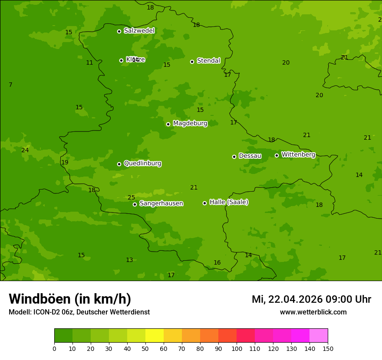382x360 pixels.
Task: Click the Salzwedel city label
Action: [139, 31]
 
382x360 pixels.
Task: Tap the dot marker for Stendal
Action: [192, 62]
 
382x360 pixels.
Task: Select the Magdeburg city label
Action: [190, 124]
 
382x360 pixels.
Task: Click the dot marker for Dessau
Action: [234, 157]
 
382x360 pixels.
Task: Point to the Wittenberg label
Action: [298, 155]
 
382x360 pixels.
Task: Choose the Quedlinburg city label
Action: [142, 164]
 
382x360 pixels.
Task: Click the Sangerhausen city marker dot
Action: [135, 204]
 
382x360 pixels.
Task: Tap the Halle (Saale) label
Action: [229, 202]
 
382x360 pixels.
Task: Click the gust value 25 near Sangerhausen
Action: [131, 198]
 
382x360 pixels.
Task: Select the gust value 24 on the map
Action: [25, 151]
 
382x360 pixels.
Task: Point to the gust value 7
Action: [10, 85]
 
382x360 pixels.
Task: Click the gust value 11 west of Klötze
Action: [89, 63]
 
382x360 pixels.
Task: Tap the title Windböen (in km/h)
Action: [70, 299]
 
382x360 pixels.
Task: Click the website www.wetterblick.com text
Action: [313, 312]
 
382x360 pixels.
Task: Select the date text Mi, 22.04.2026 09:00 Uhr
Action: [311, 299]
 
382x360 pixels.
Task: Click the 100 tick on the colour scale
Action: [237, 348]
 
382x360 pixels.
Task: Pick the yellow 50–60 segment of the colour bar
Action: [155, 336]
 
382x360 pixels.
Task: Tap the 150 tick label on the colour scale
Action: [328, 348]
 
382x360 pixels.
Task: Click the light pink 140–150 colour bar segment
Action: [319, 336]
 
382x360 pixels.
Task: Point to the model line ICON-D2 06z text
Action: [79, 312]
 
